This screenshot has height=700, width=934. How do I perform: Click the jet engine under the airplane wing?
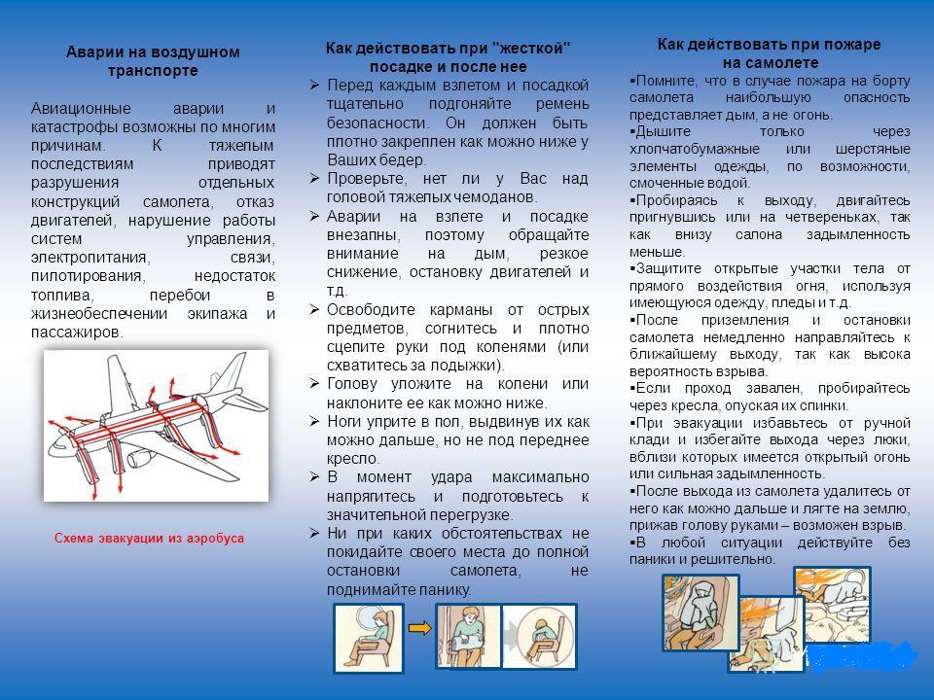click(x=139, y=456)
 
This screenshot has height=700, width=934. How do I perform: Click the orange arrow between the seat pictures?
click(x=420, y=627)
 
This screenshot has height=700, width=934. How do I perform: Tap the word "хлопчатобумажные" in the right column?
click(x=691, y=149)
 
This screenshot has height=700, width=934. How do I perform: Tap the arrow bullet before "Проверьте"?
click(x=314, y=178)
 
